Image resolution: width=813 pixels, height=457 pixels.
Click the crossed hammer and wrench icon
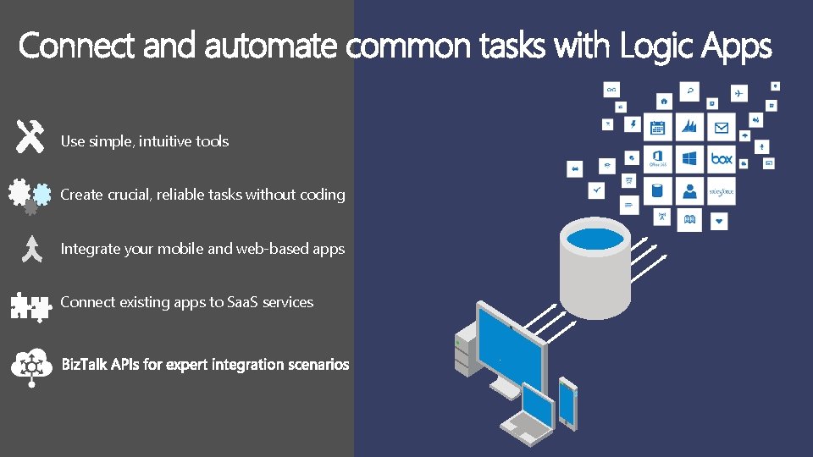[x=30, y=136]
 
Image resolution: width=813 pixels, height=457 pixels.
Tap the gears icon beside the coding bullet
[x=28, y=195]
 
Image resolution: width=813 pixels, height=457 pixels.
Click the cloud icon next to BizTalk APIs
[x=31, y=365]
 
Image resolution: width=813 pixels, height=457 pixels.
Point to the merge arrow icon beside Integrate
[x=30, y=249]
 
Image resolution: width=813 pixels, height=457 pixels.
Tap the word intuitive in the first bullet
[x=166, y=141]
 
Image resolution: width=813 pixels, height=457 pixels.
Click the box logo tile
[x=722, y=158]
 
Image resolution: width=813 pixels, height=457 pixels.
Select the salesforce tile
[x=722, y=191]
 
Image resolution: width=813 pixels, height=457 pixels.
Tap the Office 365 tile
[x=658, y=158]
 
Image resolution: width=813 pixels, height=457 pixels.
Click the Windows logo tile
[x=690, y=158]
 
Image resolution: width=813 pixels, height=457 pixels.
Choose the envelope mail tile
[x=722, y=127]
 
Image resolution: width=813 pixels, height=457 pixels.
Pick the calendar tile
[x=658, y=127]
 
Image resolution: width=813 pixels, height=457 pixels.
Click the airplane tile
[x=739, y=91]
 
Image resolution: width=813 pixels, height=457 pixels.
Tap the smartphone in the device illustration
[x=568, y=404]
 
